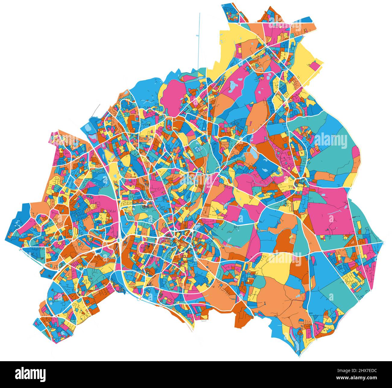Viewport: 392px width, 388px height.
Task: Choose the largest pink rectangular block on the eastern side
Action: (x=330, y=211)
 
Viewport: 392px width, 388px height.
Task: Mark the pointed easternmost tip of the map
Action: (x=383, y=242)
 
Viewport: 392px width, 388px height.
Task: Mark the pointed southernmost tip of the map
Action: (x=299, y=355)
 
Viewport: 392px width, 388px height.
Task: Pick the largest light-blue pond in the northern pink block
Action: (x=233, y=87)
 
